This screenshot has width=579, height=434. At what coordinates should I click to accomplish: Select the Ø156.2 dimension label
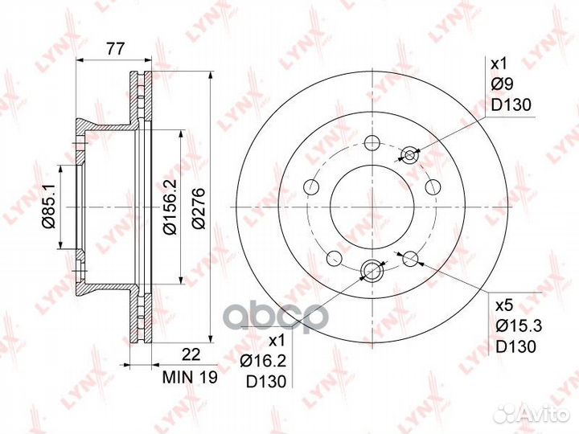[x=170, y=207]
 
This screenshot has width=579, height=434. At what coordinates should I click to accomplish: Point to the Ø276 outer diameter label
[x=199, y=208]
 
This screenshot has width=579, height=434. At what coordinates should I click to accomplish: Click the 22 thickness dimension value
[x=191, y=354]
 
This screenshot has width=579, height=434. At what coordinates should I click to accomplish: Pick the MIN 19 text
[x=190, y=377]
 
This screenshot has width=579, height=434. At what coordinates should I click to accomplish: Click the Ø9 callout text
[x=502, y=85]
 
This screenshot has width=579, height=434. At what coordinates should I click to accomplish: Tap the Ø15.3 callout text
[x=519, y=325]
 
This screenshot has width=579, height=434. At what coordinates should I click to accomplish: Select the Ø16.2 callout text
[x=263, y=361]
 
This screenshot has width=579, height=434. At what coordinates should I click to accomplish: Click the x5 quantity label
[x=504, y=306]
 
